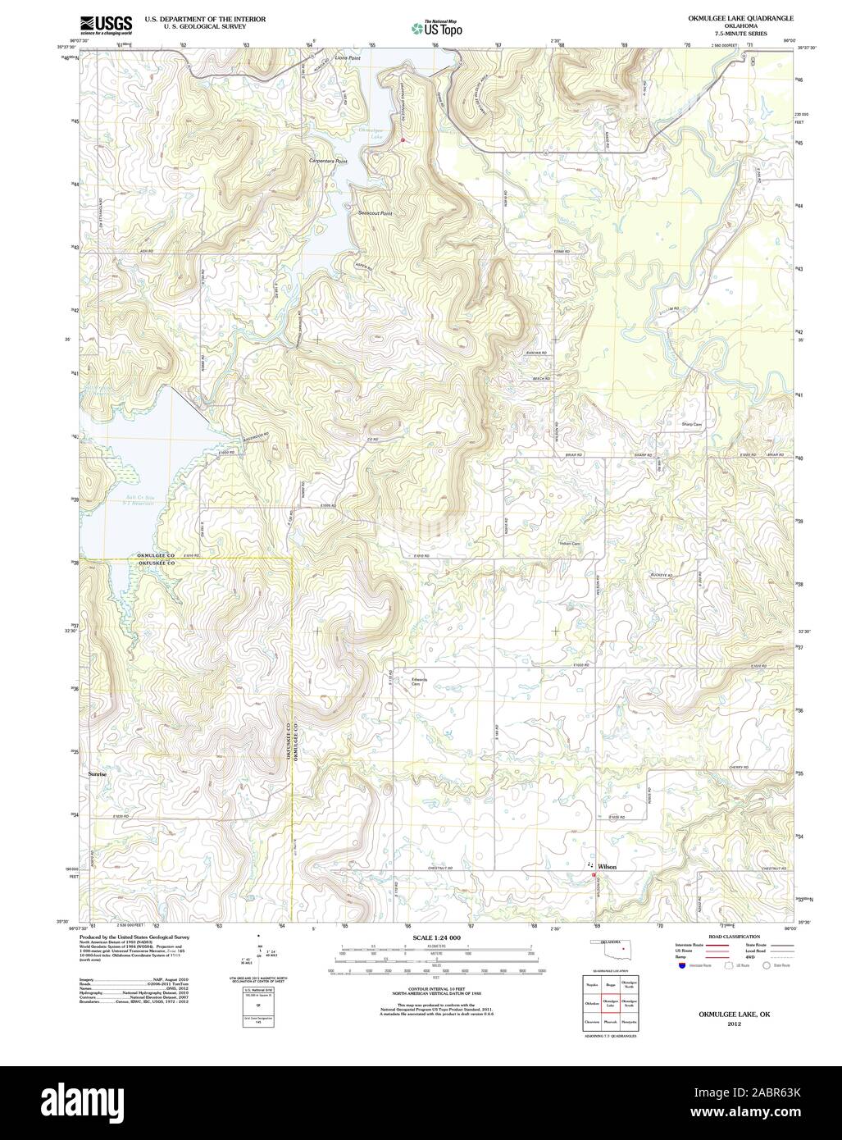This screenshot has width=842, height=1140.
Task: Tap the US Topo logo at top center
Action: point(437,29)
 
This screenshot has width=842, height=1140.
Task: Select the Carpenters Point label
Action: point(328,162)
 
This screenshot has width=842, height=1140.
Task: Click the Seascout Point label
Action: point(375,213)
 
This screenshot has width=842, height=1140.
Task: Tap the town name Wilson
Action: point(607,866)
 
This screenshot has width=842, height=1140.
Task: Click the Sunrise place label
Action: point(98,773)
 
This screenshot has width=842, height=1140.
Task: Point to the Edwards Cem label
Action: point(420,681)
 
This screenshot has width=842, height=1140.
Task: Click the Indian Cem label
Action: point(569,544)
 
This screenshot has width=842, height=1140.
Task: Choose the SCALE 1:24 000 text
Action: point(436,937)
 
